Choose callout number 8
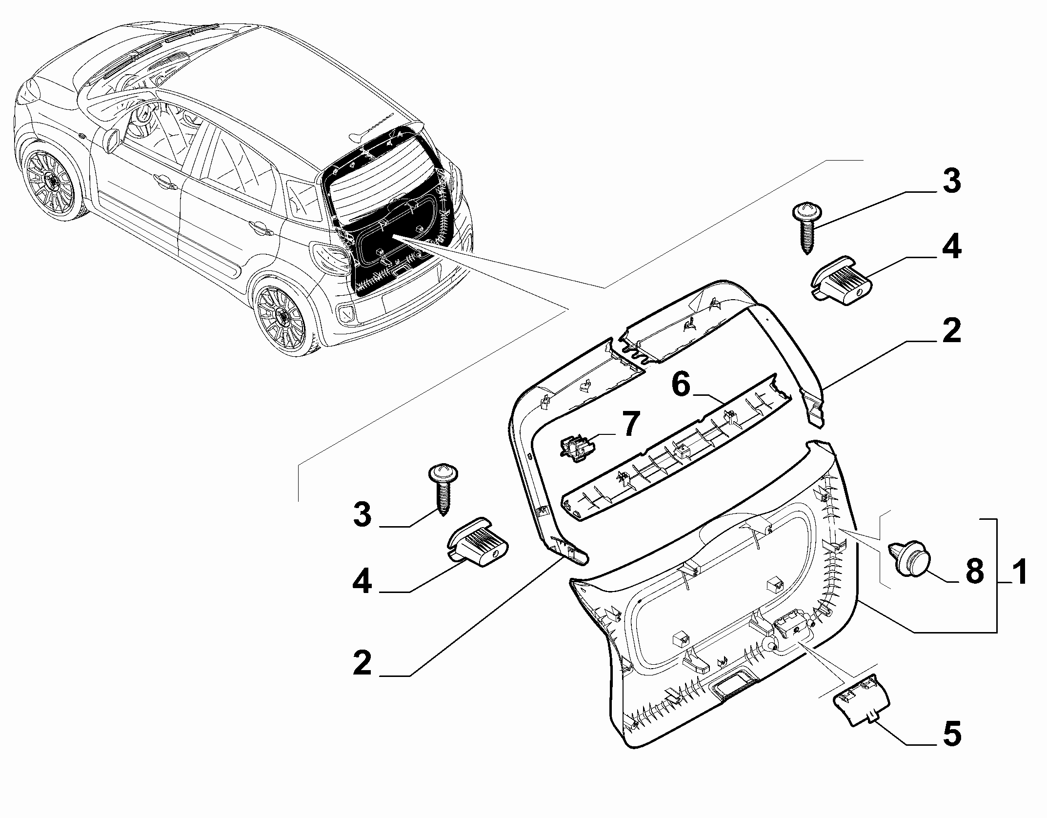974,571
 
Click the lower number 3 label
362,515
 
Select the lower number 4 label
362,582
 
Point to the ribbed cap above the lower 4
478,542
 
